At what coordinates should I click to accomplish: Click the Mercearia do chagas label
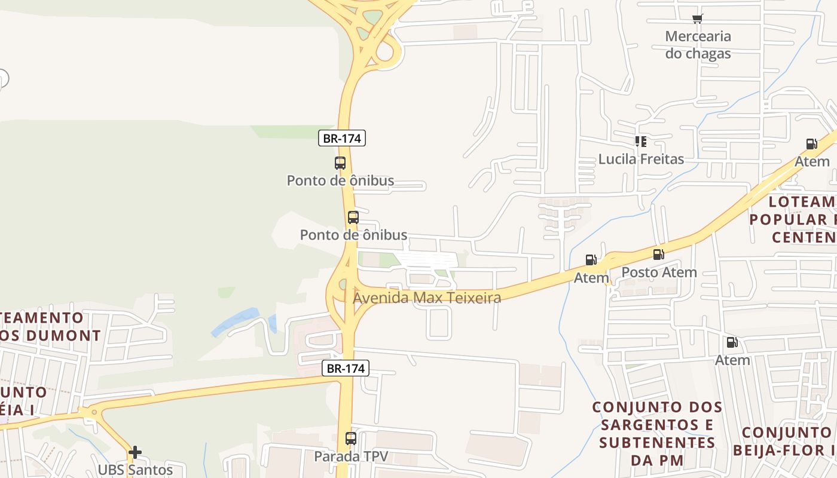tap(698, 45)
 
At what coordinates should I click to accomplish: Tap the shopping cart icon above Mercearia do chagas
tap(698, 19)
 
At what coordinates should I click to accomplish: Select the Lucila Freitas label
tap(641, 160)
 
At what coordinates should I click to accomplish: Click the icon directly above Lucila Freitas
tap(641, 142)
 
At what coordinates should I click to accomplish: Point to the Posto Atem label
tap(659, 272)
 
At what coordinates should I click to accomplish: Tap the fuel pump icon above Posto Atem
tap(659, 255)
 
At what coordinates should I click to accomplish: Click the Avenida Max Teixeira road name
tap(427, 298)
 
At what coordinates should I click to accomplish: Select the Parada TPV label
tap(351, 456)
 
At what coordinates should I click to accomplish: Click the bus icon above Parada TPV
tap(351, 439)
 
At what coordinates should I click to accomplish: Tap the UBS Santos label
tap(135, 470)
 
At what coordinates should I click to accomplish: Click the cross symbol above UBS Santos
tap(135, 452)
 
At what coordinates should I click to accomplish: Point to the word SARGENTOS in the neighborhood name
tap(658, 425)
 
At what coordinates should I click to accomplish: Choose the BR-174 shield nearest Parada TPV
tap(346, 369)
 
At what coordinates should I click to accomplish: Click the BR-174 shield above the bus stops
tap(341, 139)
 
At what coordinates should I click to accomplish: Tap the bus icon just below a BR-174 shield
tap(340, 163)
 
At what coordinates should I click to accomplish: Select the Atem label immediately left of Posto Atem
tap(591, 278)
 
